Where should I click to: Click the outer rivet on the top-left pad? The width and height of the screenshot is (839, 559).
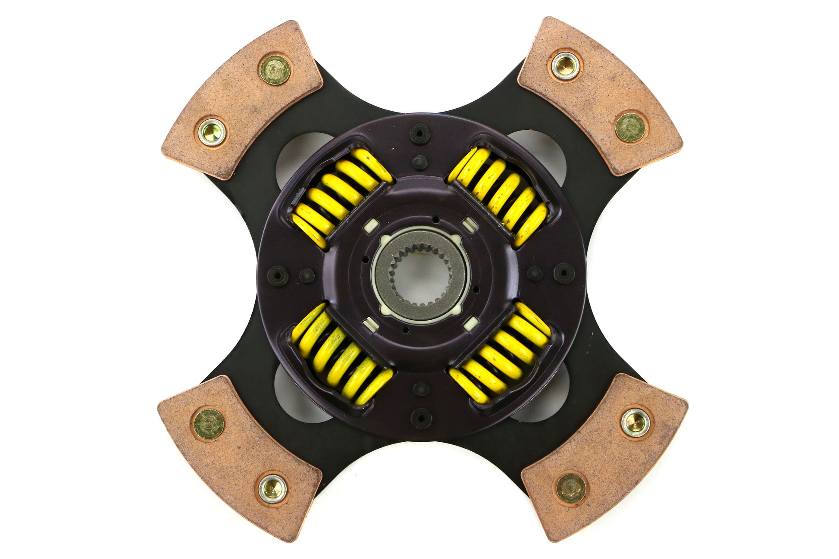[x=275, y=70]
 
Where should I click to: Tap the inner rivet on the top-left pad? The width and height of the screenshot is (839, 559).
[x=211, y=132]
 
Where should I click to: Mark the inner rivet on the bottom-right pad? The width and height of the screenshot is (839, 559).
[x=571, y=488]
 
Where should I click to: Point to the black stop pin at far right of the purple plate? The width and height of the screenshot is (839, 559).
[x=564, y=272]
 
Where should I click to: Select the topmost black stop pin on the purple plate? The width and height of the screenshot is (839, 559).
[x=419, y=134]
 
